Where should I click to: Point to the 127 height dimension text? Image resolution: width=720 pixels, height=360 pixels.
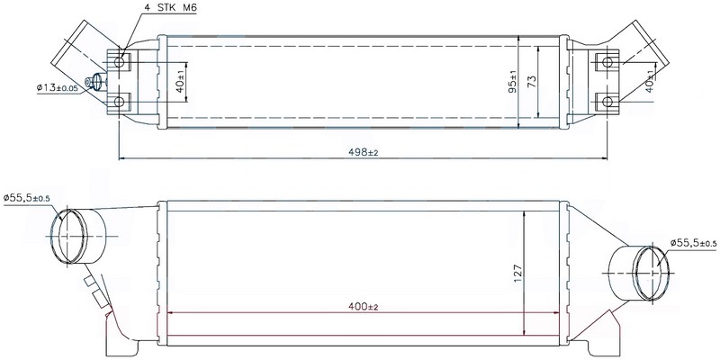518,273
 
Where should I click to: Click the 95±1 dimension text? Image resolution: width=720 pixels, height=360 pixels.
512,81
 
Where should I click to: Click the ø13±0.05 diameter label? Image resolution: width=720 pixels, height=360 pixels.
57,87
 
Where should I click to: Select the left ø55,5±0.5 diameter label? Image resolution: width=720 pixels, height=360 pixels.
26,198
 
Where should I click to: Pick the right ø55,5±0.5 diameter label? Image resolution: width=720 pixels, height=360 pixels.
693,243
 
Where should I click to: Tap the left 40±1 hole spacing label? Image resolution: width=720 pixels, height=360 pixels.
181,82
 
